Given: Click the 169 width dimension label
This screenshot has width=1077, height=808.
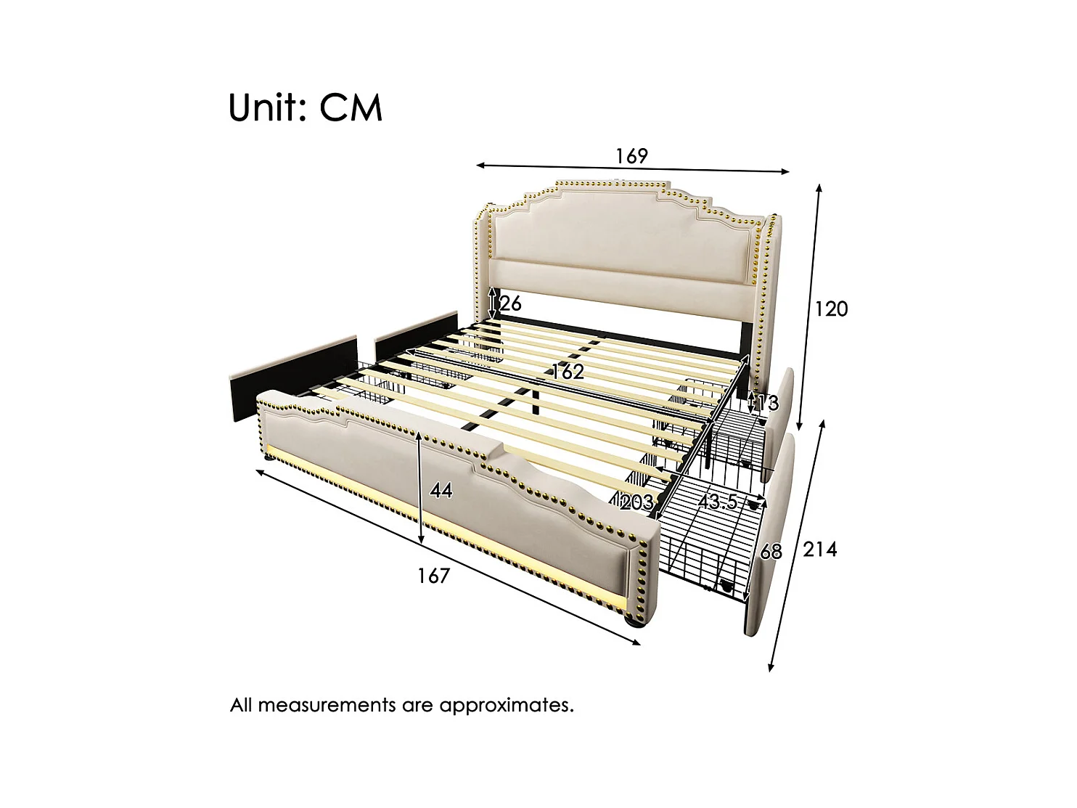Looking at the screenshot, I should pos(631,156).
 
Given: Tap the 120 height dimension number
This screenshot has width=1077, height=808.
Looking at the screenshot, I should pos(831,309).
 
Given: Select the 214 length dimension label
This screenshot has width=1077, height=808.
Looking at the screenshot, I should pos(820,550).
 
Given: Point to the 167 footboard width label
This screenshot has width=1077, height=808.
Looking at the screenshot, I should pos(433,576).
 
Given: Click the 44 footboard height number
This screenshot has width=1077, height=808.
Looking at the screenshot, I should pos(441,491).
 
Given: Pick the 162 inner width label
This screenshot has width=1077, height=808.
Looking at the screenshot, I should pos(568,372).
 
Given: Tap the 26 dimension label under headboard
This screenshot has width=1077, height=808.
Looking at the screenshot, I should pos(510,303).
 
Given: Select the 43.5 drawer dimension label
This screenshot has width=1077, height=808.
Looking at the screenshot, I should pos(718,502).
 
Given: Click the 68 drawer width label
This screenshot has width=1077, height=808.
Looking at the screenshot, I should pos(771,552).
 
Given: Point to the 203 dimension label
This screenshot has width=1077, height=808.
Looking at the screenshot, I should pos(636,502).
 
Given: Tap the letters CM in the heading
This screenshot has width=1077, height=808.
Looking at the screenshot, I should pos(351,108).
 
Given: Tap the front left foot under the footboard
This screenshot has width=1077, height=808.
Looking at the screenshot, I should pos(270,456).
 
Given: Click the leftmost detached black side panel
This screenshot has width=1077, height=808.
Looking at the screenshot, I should pos(293,378).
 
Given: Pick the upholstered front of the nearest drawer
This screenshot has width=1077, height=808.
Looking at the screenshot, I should pos(769,537).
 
